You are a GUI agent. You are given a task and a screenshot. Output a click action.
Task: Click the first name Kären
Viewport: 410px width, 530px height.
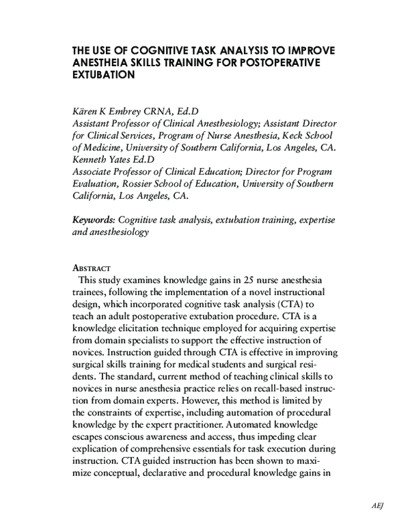coord(87,112)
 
